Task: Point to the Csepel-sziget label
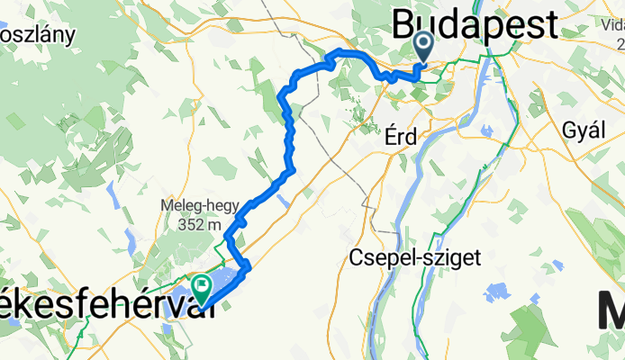click(x=414, y=258)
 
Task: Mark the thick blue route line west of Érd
click(x=289, y=135)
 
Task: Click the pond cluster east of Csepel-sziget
click(x=496, y=292)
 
